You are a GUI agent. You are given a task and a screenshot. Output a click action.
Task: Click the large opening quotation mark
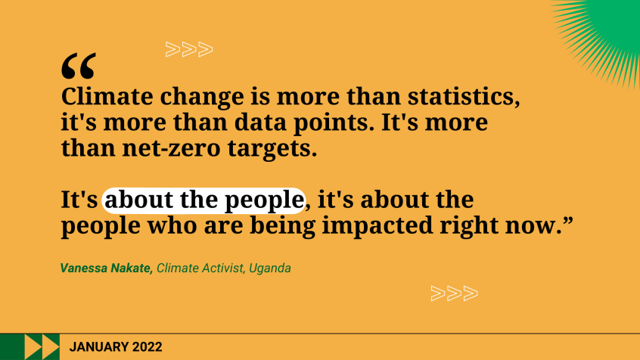click(x=79, y=67)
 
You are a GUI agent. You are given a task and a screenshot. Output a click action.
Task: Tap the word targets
click(x=265, y=147)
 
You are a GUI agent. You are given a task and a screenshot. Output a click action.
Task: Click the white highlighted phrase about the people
click(x=203, y=200)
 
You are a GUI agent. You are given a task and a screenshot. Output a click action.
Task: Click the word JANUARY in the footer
click(x=97, y=347)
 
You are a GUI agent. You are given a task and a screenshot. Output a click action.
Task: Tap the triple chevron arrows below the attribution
click(x=454, y=293)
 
